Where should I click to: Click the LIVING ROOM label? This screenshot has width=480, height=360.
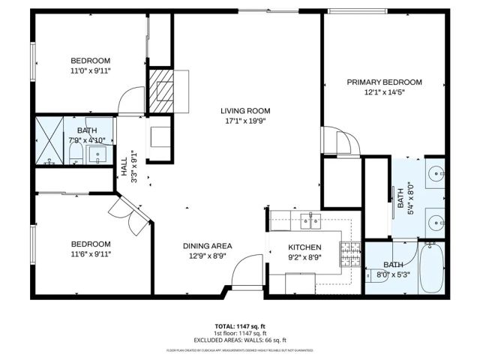pos(244,109)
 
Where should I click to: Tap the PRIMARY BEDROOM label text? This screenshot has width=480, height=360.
pos(384,82)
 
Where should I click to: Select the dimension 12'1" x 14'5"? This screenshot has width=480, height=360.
pos(384,93)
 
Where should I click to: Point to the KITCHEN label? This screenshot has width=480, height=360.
pos(305,247)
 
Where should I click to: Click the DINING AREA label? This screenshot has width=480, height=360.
pos(208,245)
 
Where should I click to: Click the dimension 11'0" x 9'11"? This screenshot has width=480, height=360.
pos(91,70)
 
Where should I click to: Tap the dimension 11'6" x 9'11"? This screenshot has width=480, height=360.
pos(91,254)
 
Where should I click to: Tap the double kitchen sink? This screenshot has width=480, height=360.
pos(308,220)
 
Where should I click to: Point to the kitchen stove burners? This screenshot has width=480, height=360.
pos(350,254)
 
